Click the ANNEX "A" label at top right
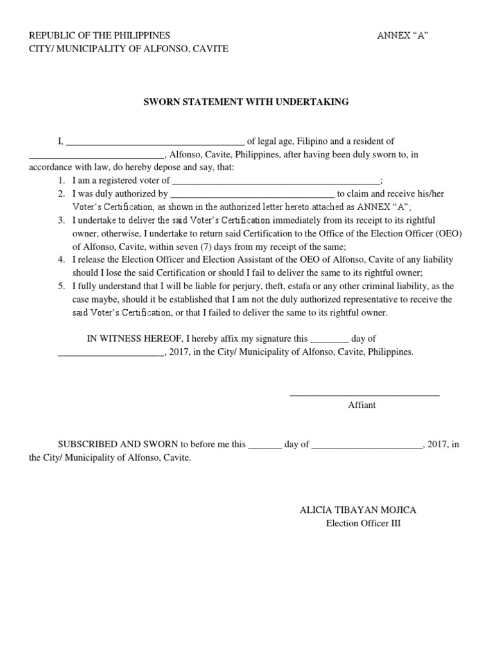pyautogui.click(x=402, y=35)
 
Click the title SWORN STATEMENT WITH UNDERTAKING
pyautogui.click(x=246, y=102)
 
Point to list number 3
pyautogui.click(x=61, y=220)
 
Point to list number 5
pyautogui.click(x=61, y=287)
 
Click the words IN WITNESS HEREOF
pyautogui.click(x=130, y=339)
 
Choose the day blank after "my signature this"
pyautogui.click(x=329, y=339)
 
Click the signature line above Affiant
pyautogui.click(x=365, y=394)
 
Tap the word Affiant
pyautogui.click(x=362, y=405)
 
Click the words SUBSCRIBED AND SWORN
pyautogui.click(x=118, y=444)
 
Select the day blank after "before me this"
pyautogui.click(x=264, y=445)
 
